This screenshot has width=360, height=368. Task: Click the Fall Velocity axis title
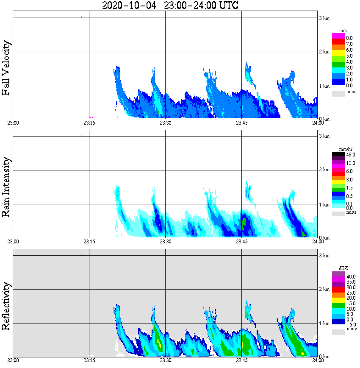pos(6,68)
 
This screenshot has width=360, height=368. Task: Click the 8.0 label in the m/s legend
pos(349,38)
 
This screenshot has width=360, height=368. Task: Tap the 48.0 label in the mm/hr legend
pos(350,155)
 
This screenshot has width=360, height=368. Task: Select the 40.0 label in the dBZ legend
pos(350,276)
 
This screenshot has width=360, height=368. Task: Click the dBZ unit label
pos(343,269)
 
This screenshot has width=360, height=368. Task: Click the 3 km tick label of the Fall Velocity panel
pos(324,18)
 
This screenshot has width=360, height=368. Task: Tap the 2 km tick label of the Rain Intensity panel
pos(324,170)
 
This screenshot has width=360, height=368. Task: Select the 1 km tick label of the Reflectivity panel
pos(324,323)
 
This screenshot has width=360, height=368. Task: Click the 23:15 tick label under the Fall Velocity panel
pos(89,123)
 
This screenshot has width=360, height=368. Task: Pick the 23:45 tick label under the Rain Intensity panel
pos(241,242)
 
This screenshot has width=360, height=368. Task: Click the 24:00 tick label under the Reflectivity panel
pos(318,360)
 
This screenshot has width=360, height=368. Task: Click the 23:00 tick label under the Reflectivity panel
pos(13,360)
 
